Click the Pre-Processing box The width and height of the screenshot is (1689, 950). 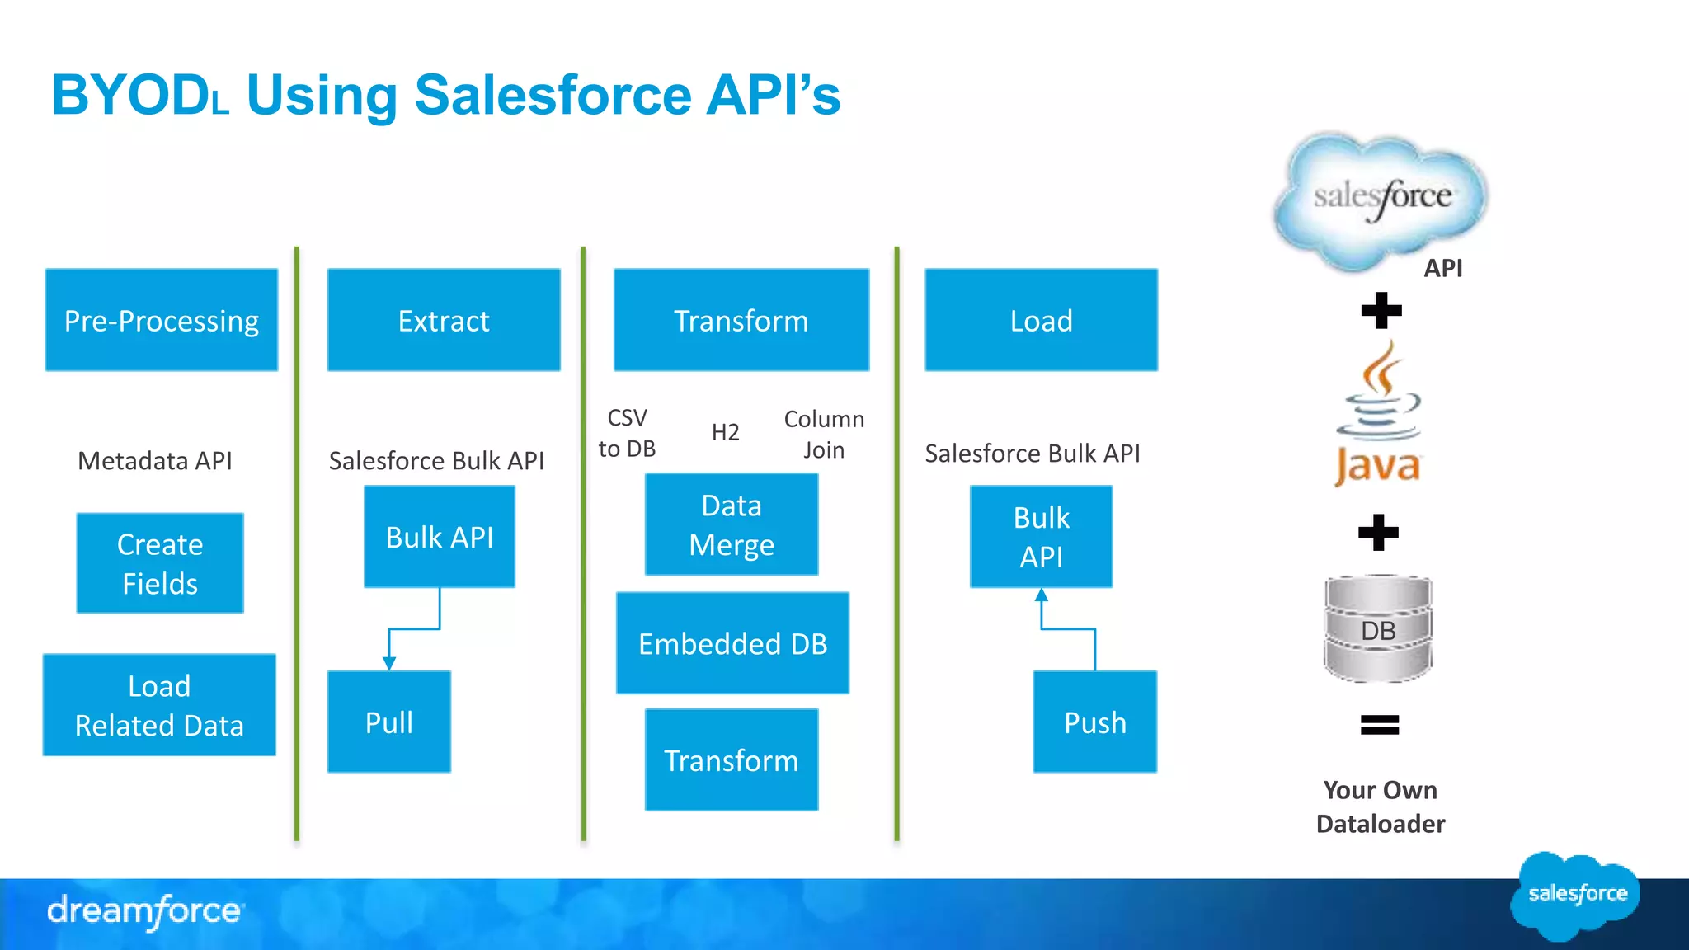click(x=161, y=320)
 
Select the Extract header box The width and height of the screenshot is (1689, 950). click(x=444, y=320)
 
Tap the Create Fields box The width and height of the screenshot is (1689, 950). click(x=160, y=563)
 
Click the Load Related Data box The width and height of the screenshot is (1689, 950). click(x=159, y=705)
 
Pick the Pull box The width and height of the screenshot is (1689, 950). click(x=389, y=722)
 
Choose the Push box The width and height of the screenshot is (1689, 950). click(x=1094, y=722)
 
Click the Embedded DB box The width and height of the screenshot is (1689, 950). click(x=732, y=643)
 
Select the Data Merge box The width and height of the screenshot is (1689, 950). click(x=732, y=524)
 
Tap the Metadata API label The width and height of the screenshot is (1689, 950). click(x=154, y=460)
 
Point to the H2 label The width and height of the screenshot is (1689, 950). click(x=725, y=432)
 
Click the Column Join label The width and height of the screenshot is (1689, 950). click(x=824, y=434)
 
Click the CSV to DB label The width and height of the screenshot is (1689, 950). click(x=627, y=433)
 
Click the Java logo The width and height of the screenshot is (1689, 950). click(x=1378, y=415)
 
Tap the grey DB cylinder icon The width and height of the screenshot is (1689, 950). click(x=1378, y=629)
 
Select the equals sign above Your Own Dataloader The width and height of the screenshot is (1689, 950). click(x=1379, y=725)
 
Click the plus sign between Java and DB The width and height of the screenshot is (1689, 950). click(x=1379, y=533)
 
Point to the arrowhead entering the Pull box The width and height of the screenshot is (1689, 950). click(x=389, y=663)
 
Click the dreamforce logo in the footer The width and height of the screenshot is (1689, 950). click(x=145, y=911)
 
